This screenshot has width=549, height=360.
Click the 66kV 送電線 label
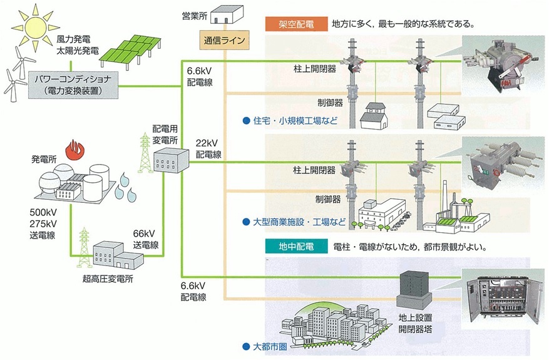[x=146, y=239]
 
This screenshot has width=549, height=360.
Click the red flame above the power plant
[x=76, y=149]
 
